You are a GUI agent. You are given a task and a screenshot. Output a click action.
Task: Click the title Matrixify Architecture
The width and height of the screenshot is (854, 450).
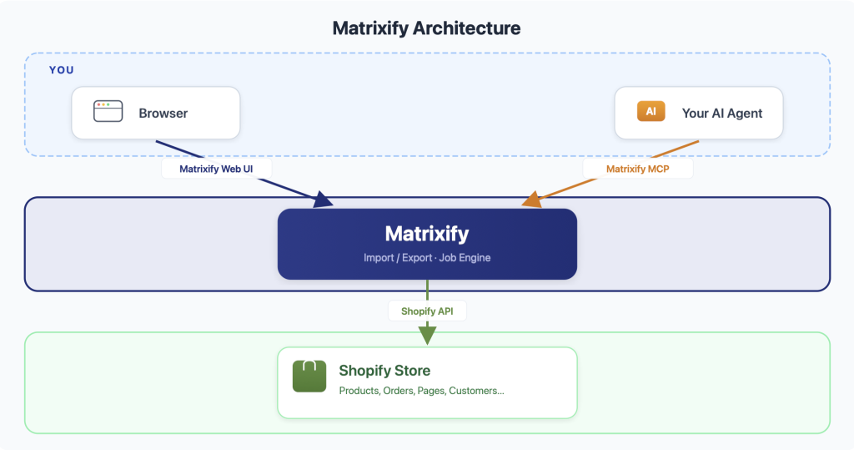coord(426,28)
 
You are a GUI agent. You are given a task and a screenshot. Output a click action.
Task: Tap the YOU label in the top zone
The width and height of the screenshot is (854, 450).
coord(61,70)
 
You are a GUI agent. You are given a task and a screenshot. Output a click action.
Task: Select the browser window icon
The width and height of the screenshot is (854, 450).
coord(108,112)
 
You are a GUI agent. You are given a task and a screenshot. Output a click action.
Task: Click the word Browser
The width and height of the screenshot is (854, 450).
coord(163,113)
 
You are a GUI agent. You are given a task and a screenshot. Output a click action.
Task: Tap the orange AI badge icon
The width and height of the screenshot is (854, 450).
coord(651,112)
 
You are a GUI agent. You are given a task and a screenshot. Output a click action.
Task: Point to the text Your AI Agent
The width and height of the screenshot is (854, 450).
coord(722,113)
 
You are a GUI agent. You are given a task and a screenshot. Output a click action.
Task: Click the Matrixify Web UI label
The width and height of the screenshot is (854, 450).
coord(217,169)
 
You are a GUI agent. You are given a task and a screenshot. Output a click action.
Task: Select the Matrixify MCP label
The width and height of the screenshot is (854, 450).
coord(638,169)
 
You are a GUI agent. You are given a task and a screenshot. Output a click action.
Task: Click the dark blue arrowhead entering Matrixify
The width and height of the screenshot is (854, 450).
coord(323,200)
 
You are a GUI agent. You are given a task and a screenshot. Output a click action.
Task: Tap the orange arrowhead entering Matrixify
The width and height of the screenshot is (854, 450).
coord(530,201)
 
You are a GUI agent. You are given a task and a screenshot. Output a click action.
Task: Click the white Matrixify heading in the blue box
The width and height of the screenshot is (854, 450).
coord(427,233)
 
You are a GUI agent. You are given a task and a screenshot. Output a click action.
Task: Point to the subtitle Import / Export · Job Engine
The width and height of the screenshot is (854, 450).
coord(427,258)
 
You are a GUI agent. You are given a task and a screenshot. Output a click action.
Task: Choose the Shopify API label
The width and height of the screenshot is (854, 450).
coord(427,311)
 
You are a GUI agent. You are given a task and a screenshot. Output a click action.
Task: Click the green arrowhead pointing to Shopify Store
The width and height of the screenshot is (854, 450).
coord(427,336)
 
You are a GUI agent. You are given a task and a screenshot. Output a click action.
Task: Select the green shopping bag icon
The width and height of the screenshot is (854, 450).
coord(309,376)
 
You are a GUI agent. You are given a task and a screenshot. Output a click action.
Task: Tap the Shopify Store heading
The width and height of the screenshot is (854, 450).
coord(384,371)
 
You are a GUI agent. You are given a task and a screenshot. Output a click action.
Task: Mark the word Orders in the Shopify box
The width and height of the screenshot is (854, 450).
coord(398,391)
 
